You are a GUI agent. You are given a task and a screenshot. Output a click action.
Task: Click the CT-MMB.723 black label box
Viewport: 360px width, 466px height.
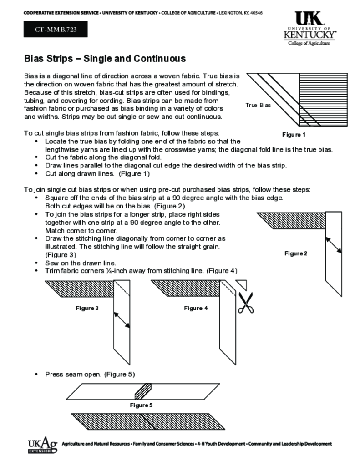(x=55, y=30)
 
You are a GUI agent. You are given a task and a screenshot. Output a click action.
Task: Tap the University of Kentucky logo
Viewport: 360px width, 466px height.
(x=310, y=28)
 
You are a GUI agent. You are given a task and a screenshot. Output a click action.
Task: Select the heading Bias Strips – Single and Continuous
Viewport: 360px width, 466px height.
(x=105, y=59)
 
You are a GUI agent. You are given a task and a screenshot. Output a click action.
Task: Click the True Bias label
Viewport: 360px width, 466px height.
(x=258, y=105)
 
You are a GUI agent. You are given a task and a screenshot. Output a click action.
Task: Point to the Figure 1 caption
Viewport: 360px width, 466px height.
(x=294, y=135)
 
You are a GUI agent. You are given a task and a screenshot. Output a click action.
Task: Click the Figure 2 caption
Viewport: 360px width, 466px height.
(x=296, y=253)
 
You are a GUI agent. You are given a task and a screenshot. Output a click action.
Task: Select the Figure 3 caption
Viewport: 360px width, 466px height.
(x=87, y=308)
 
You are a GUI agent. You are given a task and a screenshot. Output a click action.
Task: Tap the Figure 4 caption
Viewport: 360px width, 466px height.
(x=196, y=308)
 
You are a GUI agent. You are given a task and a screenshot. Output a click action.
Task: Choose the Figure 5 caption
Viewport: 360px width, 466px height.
(x=141, y=405)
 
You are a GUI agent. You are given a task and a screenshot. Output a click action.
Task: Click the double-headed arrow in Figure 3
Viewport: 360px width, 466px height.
(x=122, y=319)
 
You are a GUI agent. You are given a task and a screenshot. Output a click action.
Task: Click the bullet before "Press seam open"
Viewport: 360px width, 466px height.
(x=36, y=375)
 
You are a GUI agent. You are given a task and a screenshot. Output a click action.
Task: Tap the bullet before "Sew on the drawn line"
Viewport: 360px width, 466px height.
(x=36, y=263)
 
